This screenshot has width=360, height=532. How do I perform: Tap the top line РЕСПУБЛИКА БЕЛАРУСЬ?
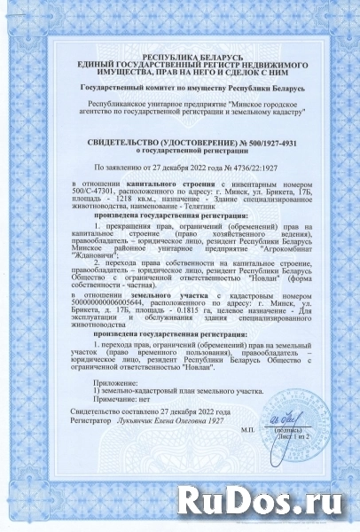click(180, 56)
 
